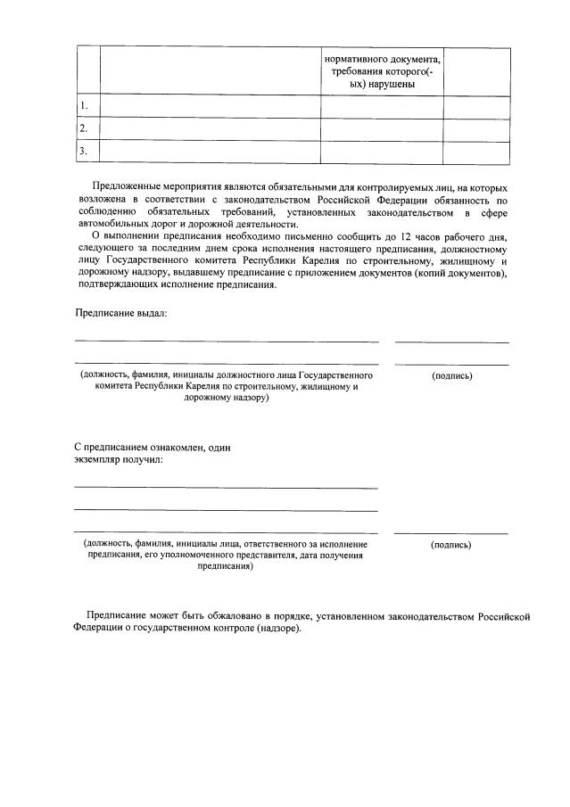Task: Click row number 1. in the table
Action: point(85,107)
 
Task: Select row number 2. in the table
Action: point(85,129)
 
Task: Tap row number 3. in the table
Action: point(85,152)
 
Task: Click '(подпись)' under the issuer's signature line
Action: point(451,375)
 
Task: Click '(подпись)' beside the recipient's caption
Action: point(450,544)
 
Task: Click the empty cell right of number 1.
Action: point(210,107)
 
